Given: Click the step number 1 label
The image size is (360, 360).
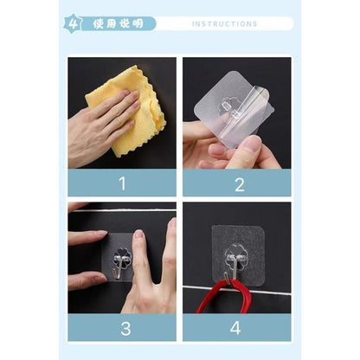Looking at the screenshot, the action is click(x=123, y=183).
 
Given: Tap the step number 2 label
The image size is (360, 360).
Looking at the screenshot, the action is click(x=240, y=184).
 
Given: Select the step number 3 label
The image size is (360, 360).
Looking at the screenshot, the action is click(x=125, y=328).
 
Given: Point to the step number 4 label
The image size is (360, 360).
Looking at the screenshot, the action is click(x=235, y=328).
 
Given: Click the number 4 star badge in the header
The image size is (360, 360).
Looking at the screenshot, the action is click(x=73, y=23).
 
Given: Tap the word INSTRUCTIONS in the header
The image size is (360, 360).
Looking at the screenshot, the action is click(x=224, y=24).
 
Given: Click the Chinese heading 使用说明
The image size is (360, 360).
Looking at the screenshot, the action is click(x=119, y=23).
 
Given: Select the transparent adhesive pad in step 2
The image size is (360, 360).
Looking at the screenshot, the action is click(x=234, y=111).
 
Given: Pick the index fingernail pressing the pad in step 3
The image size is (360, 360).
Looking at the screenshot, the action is click(x=138, y=234).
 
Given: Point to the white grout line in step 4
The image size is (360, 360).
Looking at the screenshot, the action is click(x=237, y=291).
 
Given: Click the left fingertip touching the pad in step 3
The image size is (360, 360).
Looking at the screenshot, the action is click(x=101, y=235).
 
